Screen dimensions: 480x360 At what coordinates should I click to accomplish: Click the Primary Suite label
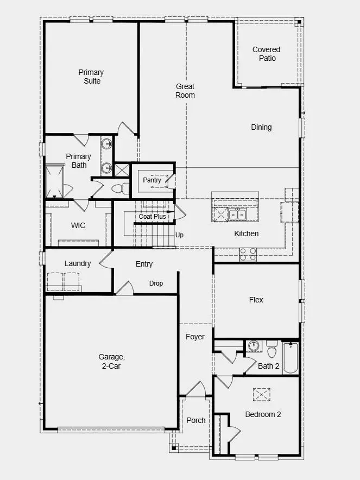click(91, 77)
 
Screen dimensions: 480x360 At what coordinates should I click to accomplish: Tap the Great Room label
click(185, 91)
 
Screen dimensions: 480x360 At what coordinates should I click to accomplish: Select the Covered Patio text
click(266, 54)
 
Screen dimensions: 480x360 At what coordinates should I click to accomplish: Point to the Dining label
click(261, 127)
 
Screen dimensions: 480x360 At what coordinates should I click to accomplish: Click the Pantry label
click(152, 180)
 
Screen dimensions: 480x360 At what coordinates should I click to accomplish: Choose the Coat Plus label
click(152, 216)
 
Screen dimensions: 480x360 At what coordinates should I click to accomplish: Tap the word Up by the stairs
click(179, 235)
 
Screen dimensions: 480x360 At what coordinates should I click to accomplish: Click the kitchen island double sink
click(236, 214)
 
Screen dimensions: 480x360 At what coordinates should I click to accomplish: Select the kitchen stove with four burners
click(248, 254)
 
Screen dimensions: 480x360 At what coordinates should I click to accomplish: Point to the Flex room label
click(256, 300)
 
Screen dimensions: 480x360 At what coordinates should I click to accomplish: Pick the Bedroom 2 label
click(263, 414)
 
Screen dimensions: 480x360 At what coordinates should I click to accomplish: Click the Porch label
click(196, 420)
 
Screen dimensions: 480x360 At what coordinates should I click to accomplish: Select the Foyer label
click(195, 337)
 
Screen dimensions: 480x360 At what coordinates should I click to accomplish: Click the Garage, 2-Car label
click(112, 361)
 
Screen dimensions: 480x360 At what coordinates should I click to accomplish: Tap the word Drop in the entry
click(156, 283)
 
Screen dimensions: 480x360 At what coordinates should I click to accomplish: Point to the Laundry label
click(78, 263)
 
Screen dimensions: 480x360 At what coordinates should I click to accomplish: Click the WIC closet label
click(78, 225)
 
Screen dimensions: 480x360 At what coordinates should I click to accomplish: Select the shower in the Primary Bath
click(54, 180)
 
